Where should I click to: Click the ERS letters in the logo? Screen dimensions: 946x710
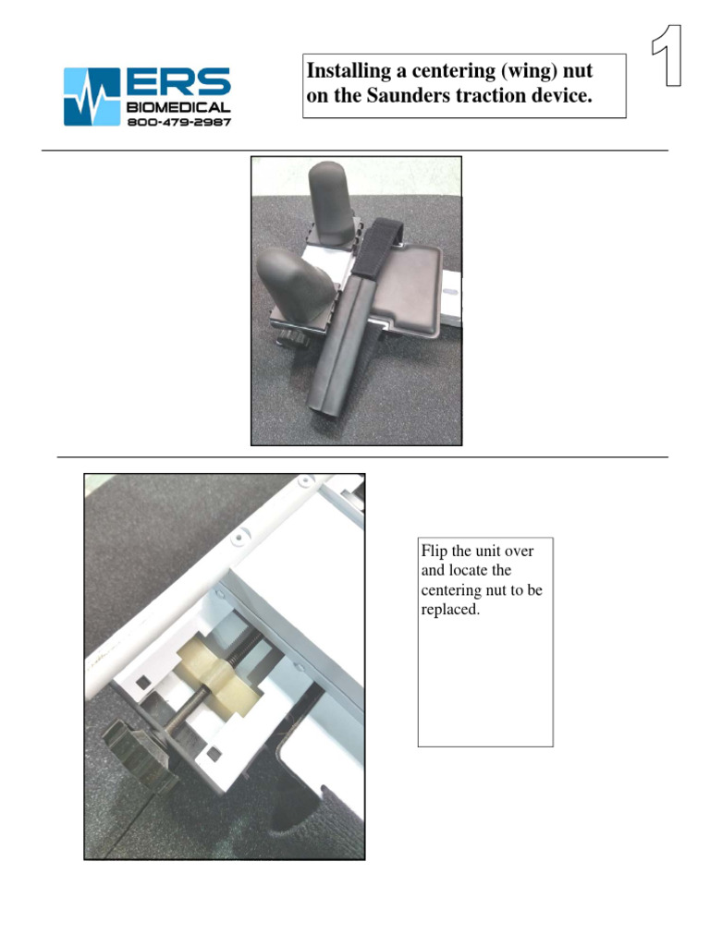point(177,83)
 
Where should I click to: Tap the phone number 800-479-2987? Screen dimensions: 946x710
point(178,121)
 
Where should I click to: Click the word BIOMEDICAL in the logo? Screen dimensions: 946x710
point(178,108)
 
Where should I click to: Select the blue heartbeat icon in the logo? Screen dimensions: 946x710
point(91,96)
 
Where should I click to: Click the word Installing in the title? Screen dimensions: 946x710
point(344,71)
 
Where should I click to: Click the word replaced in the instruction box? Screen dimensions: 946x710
point(450,610)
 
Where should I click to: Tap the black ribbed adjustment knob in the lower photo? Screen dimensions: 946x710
point(139,750)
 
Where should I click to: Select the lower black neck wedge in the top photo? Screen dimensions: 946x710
point(291,285)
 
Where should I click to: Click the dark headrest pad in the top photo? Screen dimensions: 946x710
point(412,286)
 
